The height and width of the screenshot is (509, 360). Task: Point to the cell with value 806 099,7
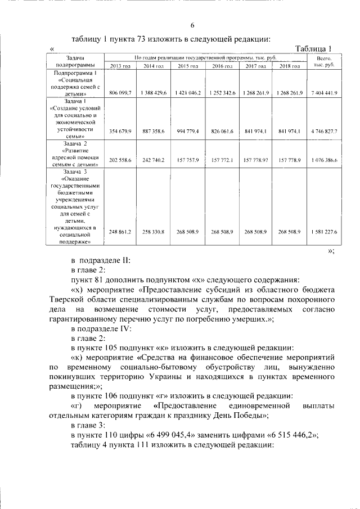(120, 93)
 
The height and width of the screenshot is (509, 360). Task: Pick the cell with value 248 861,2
(120, 232)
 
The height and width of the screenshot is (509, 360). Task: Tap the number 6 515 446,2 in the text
(290, 435)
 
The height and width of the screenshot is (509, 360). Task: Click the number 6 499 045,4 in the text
(169, 435)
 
